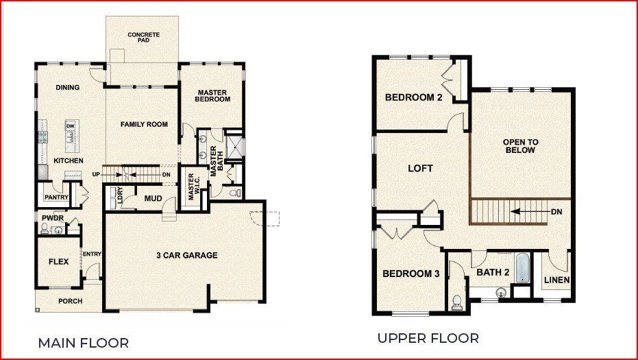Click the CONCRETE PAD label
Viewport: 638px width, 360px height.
[x=144, y=37]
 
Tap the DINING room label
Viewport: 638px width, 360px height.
[x=68, y=88]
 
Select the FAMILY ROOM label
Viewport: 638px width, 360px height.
[x=144, y=124]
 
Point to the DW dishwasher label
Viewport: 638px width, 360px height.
[x=70, y=127]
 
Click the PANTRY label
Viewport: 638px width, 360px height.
[x=56, y=197]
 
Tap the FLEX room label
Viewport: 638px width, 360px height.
[x=58, y=261]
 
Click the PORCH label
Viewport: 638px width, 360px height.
[x=70, y=301]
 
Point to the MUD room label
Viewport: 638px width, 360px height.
[x=153, y=199]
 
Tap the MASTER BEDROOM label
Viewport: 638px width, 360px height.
[x=212, y=95]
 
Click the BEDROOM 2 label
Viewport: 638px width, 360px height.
[x=413, y=97]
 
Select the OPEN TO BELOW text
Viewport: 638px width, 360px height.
[x=520, y=146]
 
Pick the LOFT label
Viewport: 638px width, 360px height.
[x=420, y=168]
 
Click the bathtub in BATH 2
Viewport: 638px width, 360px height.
[x=522, y=268]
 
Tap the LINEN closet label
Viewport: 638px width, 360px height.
[x=556, y=280]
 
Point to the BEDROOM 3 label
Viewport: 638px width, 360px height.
[x=410, y=274]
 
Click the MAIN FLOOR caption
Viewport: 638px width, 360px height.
[x=83, y=342]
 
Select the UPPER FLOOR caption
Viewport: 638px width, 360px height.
[x=428, y=338]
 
